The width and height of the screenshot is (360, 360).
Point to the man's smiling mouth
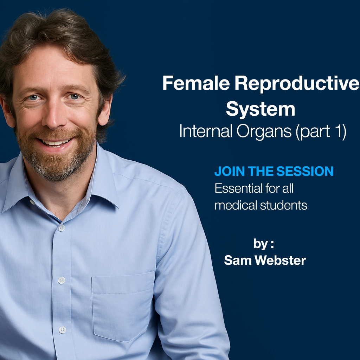[x=56, y=142]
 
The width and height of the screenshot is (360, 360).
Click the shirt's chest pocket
[x=123, y=302]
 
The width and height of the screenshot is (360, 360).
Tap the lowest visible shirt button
[x=62, y=329]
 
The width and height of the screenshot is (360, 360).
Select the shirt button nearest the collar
[x=62, y=228]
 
